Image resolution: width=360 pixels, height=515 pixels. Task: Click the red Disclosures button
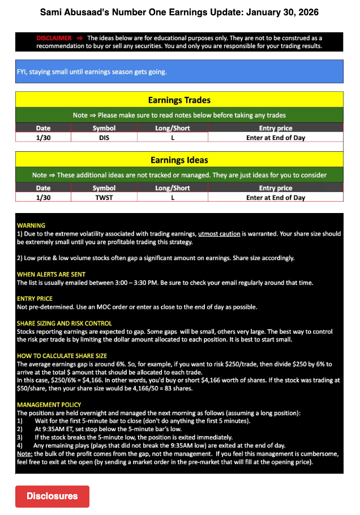coord(52,496)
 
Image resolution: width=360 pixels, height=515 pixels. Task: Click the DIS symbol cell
coord(104,137)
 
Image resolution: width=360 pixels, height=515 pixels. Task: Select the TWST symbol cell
coord(104,198)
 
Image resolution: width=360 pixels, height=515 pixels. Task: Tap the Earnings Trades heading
coord(179,100)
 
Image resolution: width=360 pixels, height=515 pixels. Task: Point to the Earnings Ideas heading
coord(179,160)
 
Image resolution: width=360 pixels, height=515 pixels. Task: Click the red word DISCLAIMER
coord(54,38)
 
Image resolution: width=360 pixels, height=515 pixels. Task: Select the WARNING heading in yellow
coord(31,225)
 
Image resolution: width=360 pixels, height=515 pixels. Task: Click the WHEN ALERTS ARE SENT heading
coord(51,274)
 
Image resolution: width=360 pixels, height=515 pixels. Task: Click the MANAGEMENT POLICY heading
coord(49,405)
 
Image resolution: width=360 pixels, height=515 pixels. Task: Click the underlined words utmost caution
coord(219,233)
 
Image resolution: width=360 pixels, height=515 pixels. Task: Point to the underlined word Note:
coord(24,454)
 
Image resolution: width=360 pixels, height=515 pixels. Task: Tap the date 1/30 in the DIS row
coord(43,137)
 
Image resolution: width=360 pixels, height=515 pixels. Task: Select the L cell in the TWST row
coord(173,198)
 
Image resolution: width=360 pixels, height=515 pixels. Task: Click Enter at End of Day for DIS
coord(276,137)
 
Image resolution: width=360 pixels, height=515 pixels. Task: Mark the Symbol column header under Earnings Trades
coord(104,128)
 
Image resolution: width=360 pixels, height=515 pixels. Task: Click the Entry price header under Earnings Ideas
coord(276,188)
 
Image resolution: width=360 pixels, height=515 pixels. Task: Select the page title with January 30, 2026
coord(179,12)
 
